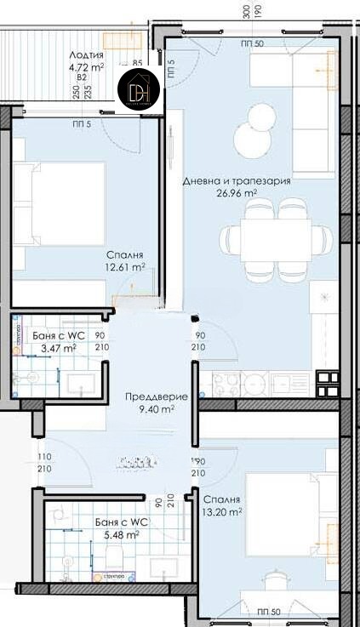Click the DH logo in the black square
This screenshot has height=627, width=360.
click(138, 88)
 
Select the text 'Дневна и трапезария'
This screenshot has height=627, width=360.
click(237, 180)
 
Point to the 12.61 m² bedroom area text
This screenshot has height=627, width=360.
click(125, 267)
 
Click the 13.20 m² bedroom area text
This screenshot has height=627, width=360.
click(223, 512)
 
